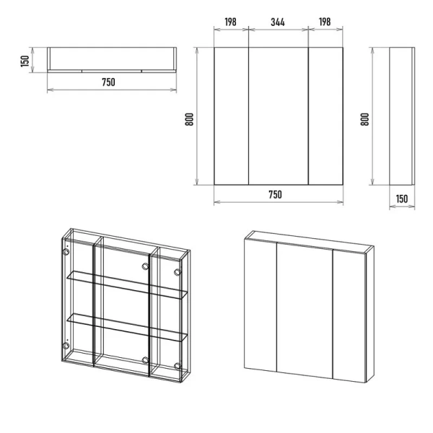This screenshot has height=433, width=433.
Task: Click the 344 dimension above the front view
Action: point(278,22)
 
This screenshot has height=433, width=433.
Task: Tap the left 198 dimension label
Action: point(230,22)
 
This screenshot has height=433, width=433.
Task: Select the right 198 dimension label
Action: point(325,22)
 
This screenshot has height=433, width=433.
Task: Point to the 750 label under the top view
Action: point(108,82)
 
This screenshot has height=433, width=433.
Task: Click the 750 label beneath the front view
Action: point(276,194)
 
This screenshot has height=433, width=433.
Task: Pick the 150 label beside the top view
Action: point(25,61)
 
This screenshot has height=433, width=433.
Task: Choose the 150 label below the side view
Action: point(402,199)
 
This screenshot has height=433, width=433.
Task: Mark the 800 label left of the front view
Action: point(189,119)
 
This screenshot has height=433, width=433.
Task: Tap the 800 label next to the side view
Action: point(364,119)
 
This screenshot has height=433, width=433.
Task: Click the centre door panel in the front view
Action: point(279,116)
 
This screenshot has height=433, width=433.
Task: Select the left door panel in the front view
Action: point(232,116)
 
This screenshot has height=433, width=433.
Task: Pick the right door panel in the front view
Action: point(325,116)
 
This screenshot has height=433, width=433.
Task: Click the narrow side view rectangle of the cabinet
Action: point(402,116)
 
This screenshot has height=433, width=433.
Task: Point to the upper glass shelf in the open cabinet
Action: point(127,284)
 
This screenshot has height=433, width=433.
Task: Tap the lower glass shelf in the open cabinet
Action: point(127,327)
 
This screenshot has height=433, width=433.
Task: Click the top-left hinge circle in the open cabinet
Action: point(66,252)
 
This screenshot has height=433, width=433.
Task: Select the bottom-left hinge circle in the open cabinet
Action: point(66,346)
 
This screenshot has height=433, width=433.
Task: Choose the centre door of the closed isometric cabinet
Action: point(305,310)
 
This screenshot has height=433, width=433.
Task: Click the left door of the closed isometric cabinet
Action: point(261,305)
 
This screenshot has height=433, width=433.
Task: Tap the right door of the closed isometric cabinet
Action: point(349,316)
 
